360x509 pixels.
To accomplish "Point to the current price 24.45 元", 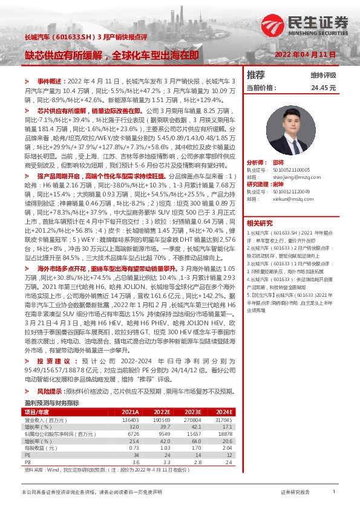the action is (322, 88).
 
